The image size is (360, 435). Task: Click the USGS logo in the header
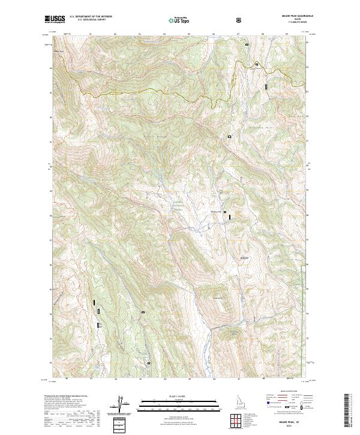[x=55, y=19]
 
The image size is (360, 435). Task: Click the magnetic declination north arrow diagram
[x=120, y=405]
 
